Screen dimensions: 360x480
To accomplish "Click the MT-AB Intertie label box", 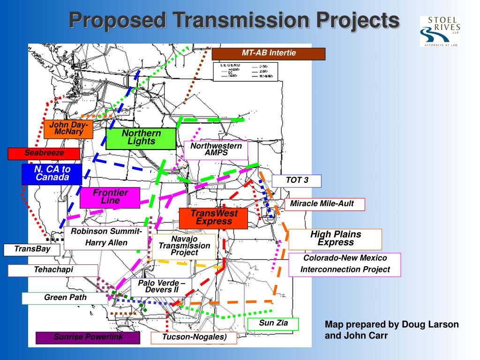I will click(x=269, y=54).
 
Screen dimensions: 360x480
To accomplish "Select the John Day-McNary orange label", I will click(x=68, y=129).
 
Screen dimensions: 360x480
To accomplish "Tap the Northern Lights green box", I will click(x=141, y=138).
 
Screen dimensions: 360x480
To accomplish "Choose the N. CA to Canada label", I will click(x=52, y=174).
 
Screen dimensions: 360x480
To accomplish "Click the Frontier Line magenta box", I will click(x=110, y=197).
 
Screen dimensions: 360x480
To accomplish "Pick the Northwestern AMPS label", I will click(x=216, y=150).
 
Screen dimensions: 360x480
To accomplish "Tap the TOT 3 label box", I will click(x=297, y=180).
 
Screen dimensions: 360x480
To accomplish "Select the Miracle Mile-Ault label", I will click(x=324, y=204).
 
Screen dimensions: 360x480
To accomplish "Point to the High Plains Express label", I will click(x=335, y=239).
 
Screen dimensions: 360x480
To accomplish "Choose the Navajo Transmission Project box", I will click(x=184, y=247).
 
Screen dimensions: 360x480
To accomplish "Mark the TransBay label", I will click(x=32, y=249).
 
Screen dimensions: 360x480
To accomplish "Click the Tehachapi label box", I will click(x=53, y=270).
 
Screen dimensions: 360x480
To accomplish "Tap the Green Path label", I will click(x=65, y=298).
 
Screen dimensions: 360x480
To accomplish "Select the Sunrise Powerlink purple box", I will click(x=88, y=337).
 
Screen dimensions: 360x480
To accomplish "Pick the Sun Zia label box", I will click(x=273, y=323).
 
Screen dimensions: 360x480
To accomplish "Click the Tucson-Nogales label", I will click(x=194, y=337).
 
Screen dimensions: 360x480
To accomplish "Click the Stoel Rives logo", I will click(x=440, y=31).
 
